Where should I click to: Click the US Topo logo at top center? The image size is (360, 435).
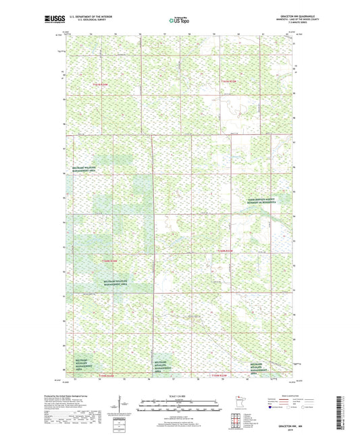179,21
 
